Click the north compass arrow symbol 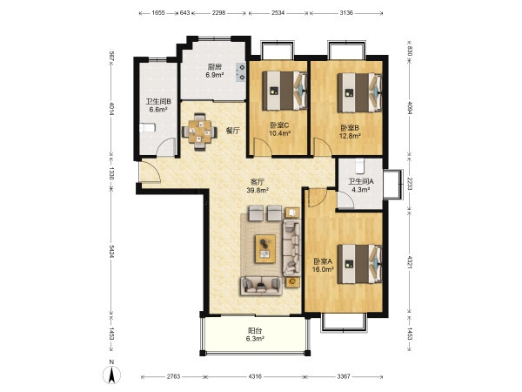[112, 375]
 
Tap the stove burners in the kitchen [241, 72]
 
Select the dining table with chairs [199, 132]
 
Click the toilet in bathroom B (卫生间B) [148, 128]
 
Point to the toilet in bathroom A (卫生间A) [359, 166]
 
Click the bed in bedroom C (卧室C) [284, 91]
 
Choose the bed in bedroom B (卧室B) [359, 92]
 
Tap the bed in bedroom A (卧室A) [359, 264]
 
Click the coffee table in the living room [265, 248]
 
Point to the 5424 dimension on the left [111, 251]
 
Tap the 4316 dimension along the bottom [255, 376]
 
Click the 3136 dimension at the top [346, 13]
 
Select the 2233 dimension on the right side [410, 184]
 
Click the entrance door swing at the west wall [151, 172]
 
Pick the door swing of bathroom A [345, 199]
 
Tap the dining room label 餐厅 [232, 131]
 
